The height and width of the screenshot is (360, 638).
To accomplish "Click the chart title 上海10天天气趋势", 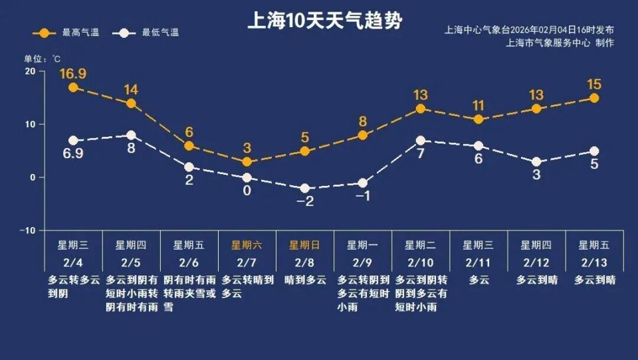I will (324, 21).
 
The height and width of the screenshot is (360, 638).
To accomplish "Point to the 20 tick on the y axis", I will (30, 71).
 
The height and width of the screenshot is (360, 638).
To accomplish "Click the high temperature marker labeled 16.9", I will (73, 87).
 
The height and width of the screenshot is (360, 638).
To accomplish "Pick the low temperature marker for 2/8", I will (305, 189).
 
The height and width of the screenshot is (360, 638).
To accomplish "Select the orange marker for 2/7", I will (247, 162).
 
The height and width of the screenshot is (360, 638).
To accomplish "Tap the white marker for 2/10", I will (421, 141).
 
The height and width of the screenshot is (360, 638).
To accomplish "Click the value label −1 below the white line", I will (362, 197).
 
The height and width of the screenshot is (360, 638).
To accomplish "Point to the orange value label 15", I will (593, 84).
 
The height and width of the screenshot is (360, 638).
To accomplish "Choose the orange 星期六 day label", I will (247, 244).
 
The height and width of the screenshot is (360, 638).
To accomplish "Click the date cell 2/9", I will (362, 262).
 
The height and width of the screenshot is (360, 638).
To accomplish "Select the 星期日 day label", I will (304, 244).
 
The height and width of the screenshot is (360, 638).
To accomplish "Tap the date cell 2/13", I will (593, 262).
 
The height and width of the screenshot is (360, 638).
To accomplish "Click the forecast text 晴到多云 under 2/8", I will (304, 280).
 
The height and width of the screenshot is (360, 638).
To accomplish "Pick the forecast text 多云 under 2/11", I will (478, 280).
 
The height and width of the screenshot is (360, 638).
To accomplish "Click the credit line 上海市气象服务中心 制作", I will (560, 43).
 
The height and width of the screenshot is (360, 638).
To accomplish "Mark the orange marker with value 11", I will (478, 120).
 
